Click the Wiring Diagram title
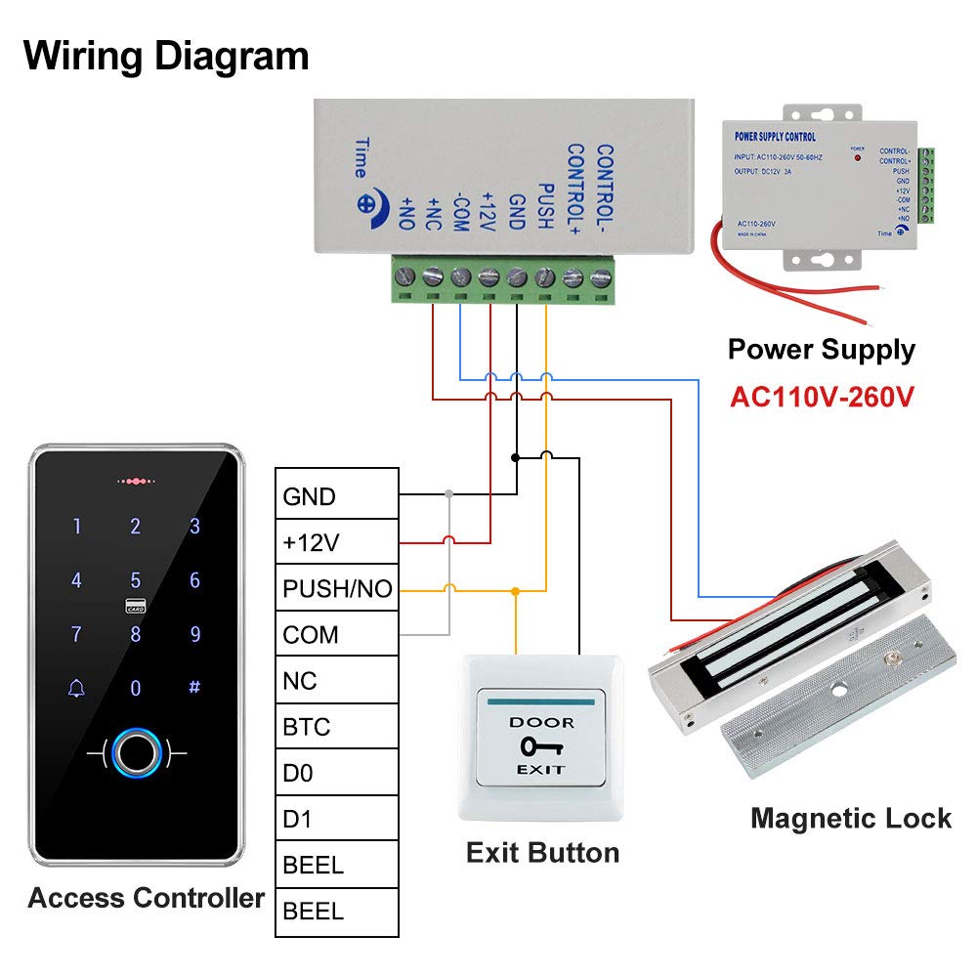click(x=166, y=56)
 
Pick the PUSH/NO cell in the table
click(x=336, y=589)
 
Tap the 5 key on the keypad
click(x=136, y=580)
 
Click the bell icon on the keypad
click(x=76, y=688)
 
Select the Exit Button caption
click(x=542, y=852)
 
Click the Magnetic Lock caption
click(x=850, y=818)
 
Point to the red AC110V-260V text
click(x=822, y=398)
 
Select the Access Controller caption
click(x=146, y=898)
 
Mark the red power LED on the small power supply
click(x=858, y=156)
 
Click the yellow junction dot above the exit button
click(x=516, y=590)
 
